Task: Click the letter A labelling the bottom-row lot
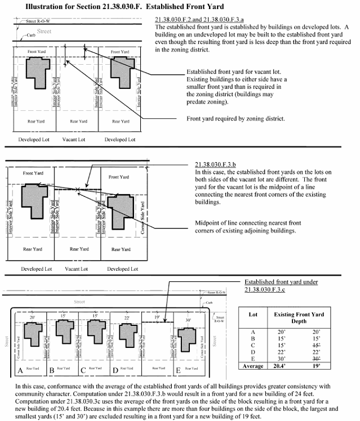pyautogui.click(x=20, y=370)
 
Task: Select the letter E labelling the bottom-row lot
pyautogui.click(x=179, y=370)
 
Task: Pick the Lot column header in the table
pyautogui.click(x=253, y=315)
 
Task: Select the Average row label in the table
pyautogui.click(x=253, y=366)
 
